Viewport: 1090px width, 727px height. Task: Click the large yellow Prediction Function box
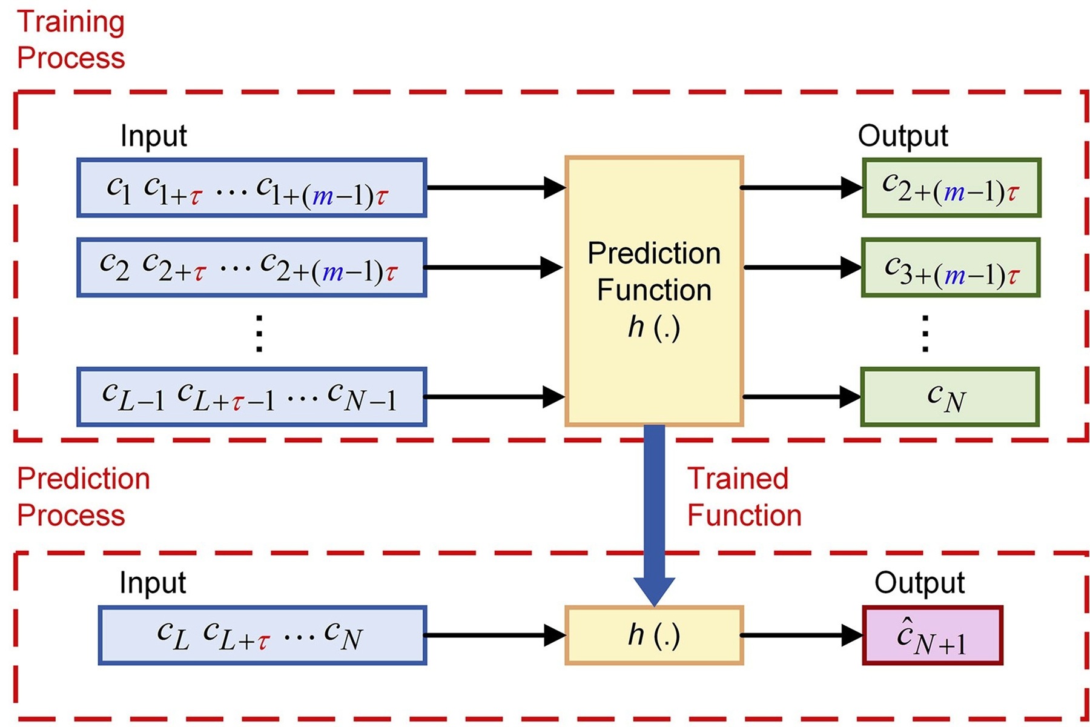tap(654, 291)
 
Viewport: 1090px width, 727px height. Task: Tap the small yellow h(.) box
tap(654, 636)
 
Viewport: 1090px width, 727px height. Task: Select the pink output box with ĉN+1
tap(933, 636)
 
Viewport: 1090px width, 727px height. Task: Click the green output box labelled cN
tap(950, 397)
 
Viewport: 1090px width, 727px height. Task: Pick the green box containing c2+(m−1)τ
tap(951, 188)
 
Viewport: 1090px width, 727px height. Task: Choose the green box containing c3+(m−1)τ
tap(951, 267)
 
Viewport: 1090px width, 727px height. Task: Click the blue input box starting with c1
tap(251, 188)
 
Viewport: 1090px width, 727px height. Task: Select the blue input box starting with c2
tap(251, 267)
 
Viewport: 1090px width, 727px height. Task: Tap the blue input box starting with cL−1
tap(251, 397)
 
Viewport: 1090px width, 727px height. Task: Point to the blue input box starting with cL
tap(262, 636)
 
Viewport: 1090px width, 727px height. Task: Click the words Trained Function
tap(744, 497)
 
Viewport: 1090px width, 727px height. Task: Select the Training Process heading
tap(70, 39)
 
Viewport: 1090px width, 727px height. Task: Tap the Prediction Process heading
tap(83, 497)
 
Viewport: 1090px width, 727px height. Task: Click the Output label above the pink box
tap(919, 583)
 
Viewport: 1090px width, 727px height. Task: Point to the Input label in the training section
tap(153, 136)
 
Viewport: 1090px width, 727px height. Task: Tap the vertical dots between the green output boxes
tap(925, 333)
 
